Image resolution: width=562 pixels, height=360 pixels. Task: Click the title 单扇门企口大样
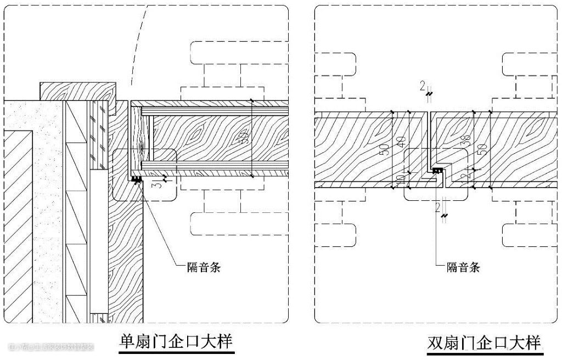pyautogui.click(x=176, y=341)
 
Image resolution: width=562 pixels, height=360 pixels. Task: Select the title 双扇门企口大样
pyautogui.click(x=484, y=343)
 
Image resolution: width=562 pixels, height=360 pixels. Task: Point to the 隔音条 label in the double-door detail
pyautogui.click(x=463, y=267)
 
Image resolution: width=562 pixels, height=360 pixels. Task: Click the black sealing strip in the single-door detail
pyautogui.click(x=136, y=179)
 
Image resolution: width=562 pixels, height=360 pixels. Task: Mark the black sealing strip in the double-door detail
pyautogui.click(x=437, y=171)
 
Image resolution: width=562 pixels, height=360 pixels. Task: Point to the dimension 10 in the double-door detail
pyautogui.click(x=401, y=178)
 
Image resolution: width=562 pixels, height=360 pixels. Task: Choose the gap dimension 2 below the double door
pyautogui.click(x=437, y=206)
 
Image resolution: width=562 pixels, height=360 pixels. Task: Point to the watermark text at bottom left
pyautogui.click(x=52, y=347)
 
